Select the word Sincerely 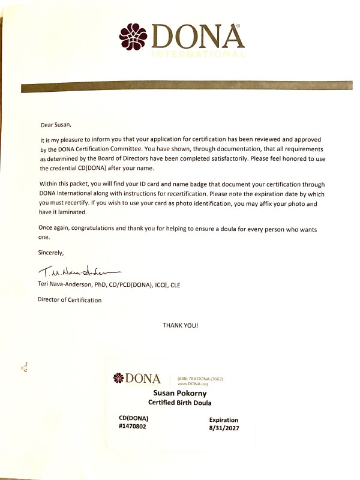click(x=50, y=253)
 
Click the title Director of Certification click(x=70, y=299)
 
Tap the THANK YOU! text click(x=180, y=326)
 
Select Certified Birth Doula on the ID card click(x=181, y=402)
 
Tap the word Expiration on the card click(x=223, y=420)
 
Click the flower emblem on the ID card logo click(x=118, y=379)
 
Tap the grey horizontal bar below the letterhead click(x=180, y=88)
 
